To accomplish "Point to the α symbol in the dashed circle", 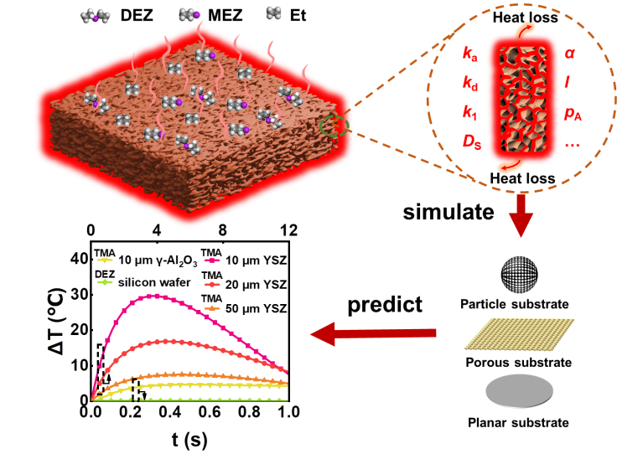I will (x=570, y=54).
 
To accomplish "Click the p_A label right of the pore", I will (x=573, y=115).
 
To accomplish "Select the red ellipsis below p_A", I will (x=573, y=143).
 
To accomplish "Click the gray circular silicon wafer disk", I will (x=520, y=392).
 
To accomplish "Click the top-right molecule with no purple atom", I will (x=274, y=13).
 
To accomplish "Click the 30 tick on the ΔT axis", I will (x=78, y=294).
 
